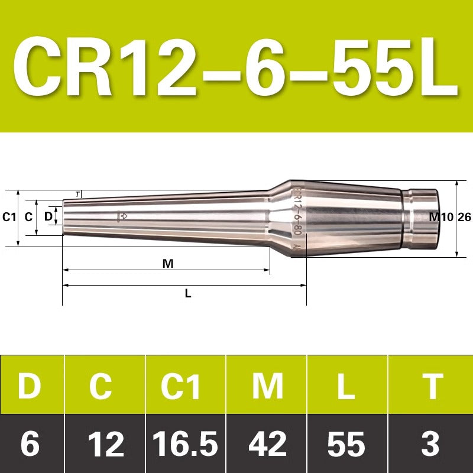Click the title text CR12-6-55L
pyautogui.click(x=236, y=66)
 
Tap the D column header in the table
pyautogui.click(x=30, y=385)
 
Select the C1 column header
pyautogui.click(x=180, y=385)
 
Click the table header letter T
pyautogui.click(x=433, y=386)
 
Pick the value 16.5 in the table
pyautogui.click(x=185, y=444)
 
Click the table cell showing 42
pyautogui.click(x=267, y=444)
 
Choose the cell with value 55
pyautogui.click(x=346, y=444)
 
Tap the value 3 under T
pyautogui.click(x=430, y=444)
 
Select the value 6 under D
pyautogui.click(x=30, y=444)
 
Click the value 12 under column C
pyautogui.click(x=106, y=444)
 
